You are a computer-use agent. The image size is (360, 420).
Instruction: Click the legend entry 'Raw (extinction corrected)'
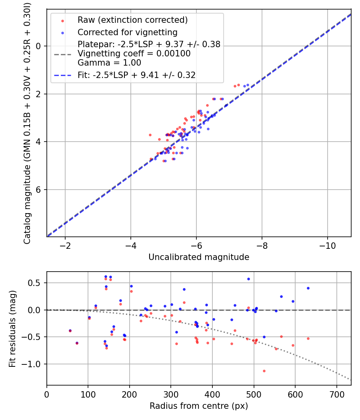[x=132, y=20]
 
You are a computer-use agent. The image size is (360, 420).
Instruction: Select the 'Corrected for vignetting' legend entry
[x=127, y=32]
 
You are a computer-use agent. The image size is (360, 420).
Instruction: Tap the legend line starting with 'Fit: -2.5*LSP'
[x=136, y=75]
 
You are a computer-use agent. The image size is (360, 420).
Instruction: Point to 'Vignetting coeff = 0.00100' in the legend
[x=134, y=54]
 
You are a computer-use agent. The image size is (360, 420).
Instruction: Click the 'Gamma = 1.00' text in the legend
[x=109, y=63]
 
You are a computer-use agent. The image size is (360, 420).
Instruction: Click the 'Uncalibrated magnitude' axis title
[x=199, y=257]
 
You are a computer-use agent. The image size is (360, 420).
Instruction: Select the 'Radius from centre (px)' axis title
[x=199, y=406]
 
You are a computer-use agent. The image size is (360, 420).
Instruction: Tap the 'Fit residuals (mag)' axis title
[x=12, y=328]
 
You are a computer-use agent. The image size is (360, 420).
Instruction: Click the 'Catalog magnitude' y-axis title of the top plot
[x=27, y=122]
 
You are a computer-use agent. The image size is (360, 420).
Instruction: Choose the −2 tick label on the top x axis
[x=65, y=245]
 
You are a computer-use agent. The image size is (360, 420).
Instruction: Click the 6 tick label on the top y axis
[x=39, y=190]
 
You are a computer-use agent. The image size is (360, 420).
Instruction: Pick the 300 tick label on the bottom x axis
[x=171, y=394]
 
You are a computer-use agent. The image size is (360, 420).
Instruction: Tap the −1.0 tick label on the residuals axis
[x=34, y=364]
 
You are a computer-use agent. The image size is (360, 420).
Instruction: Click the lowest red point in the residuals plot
[x=264, y=371]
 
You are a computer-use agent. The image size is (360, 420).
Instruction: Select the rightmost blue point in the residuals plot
[x=308, y=288]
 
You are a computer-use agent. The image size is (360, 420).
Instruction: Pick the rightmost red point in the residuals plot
[x=308, y=338]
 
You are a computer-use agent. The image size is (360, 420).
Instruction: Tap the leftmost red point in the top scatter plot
[x=150, y=135]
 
